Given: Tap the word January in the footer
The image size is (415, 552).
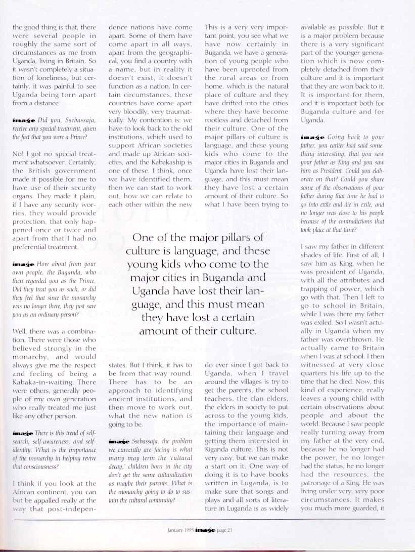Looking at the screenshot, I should [175, 530].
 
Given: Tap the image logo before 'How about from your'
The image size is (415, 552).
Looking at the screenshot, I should [22, 265].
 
